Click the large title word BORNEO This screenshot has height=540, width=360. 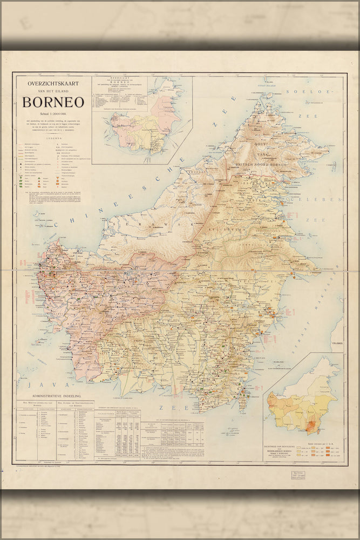[53, 103]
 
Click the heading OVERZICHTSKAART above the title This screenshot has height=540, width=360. [53, 84]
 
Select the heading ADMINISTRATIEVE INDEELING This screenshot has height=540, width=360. [56, 396]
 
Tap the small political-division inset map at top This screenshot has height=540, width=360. [141, 120]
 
